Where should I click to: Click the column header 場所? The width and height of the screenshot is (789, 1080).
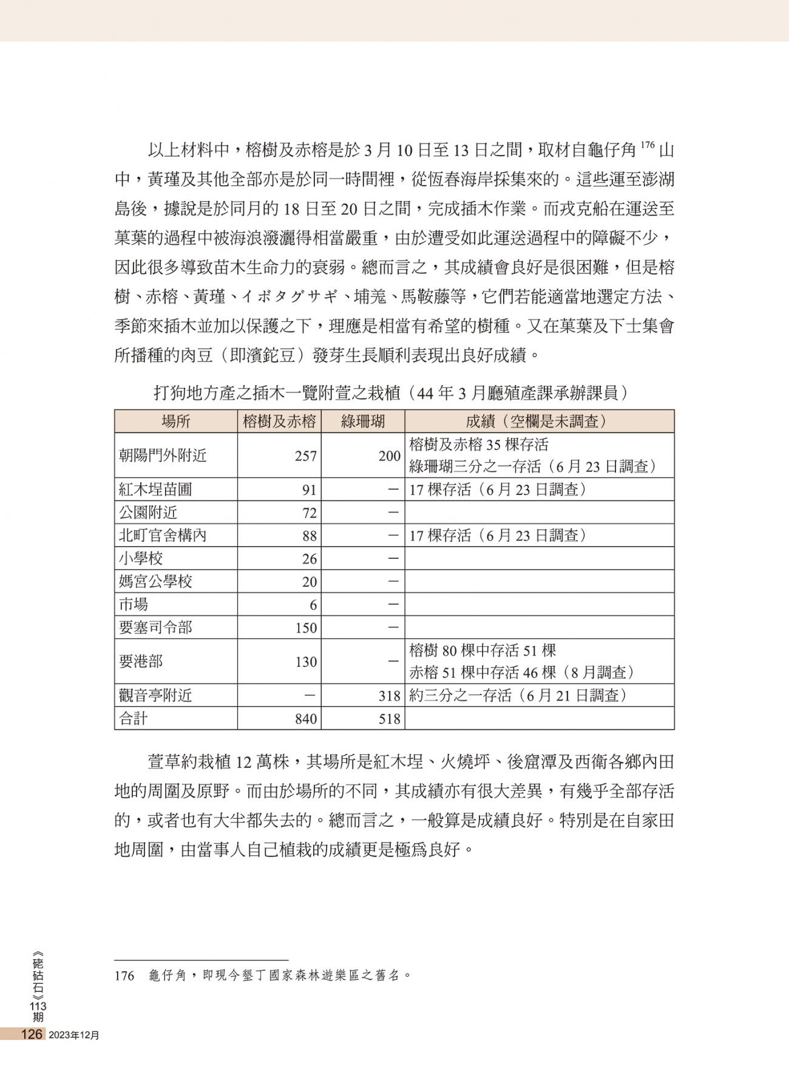[x=175, y=422]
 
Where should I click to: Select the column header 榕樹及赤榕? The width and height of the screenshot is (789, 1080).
[x=279, y=422]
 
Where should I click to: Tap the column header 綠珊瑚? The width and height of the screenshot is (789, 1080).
[x=363, y=422]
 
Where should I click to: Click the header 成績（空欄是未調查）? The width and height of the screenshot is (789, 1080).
[x=539, y=422]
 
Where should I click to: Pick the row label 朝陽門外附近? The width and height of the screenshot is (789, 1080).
[x=163, y=456]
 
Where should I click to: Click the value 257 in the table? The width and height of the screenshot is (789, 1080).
[x=306, y=456]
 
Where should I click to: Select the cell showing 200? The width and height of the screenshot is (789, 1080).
[x=390, y=456]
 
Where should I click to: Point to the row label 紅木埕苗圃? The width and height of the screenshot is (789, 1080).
[x=155, y=490]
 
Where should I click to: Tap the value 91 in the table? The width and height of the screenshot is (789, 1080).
[x=310, y=490]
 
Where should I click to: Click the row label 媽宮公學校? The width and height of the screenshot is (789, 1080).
[x=155, y=582]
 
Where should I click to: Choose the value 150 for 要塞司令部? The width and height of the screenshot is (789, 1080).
[x=306, y=628]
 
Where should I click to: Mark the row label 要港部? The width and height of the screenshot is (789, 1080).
[x=141, y=661]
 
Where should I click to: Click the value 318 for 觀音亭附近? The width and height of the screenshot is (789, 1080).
[x=390, y=696]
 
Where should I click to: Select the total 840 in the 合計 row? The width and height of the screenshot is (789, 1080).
[x=306, y=719]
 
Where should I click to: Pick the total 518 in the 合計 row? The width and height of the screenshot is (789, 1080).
[x=390, y=719]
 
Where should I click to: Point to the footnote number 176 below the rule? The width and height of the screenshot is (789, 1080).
[x=124, y=976]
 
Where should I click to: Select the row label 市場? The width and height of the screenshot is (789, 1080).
[x=134, y=605]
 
